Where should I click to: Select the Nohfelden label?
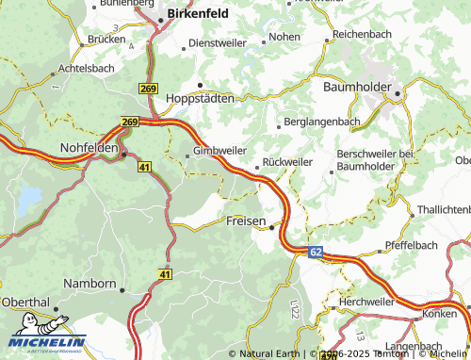[x=89, y=149]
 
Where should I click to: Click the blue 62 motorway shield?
[x=315, y=252]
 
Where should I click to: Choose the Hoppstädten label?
[x=199, y=98]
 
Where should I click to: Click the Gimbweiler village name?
[x=219, y=151]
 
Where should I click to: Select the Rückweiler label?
[x=286, y=161]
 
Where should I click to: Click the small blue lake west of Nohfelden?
[x=29, y=197]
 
